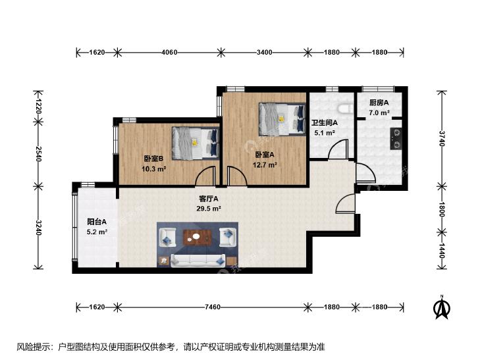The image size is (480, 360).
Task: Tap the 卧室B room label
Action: pos(153,159)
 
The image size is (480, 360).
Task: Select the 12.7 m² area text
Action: pos(265,165)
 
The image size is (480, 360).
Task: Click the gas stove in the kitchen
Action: pos(396,139)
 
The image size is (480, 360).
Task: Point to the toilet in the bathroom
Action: pos(345,109)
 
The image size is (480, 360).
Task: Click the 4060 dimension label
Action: pos(169,52)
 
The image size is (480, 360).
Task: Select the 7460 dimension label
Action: pos(213,307)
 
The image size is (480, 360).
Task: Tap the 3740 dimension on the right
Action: pos(442,139)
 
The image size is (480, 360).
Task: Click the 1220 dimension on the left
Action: pos(39,106)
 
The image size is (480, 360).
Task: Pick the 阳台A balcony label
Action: pos(97,222)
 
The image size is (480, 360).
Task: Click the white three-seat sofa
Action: pos(198,260)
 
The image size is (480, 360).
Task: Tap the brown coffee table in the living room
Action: pos(198,238)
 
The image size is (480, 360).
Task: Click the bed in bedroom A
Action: pos(282,119)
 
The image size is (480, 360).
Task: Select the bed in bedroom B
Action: pos(196,143)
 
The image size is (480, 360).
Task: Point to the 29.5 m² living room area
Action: pos(209,209)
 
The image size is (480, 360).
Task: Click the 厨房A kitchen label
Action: pos(379,103)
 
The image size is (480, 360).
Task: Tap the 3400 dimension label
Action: pos(265,52)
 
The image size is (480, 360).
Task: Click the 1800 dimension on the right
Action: pos(442,209)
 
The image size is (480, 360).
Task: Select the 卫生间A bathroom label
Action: pos(325,123)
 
